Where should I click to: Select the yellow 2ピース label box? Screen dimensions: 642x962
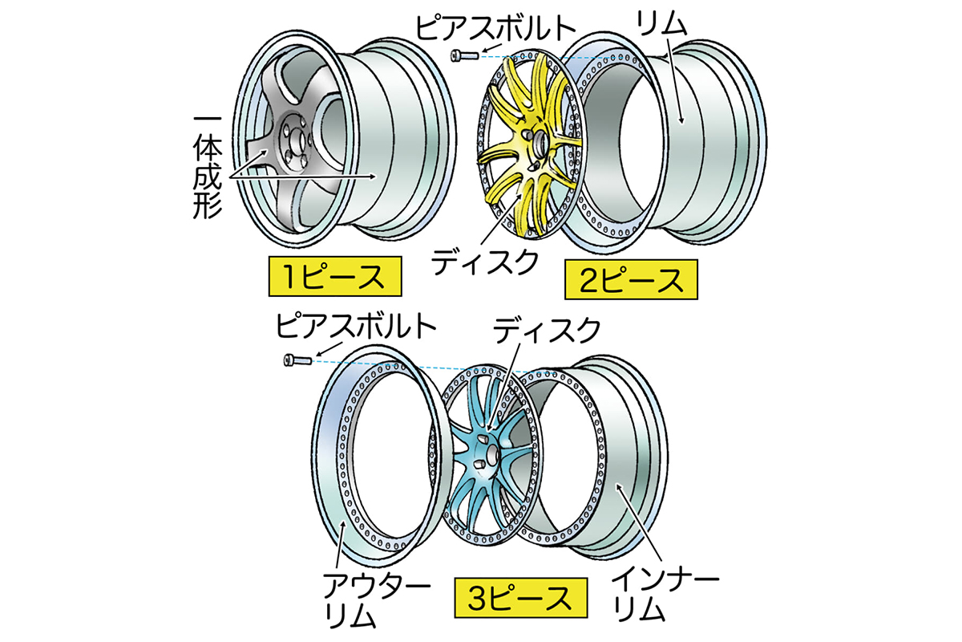(x=629, y=281)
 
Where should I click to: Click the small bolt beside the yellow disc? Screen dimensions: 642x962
(x=464, y=55)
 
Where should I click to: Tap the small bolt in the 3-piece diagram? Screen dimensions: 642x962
(x=297, y=360)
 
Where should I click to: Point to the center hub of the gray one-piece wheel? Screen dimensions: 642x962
(x=297, y=148)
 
